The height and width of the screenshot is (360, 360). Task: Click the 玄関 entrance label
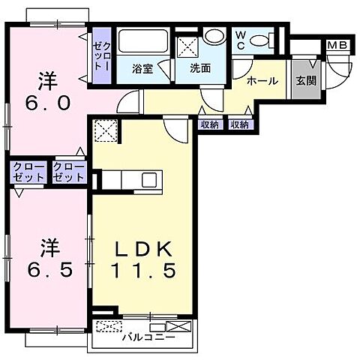[x=305, y=81]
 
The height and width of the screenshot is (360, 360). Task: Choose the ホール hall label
[x=262, y=81]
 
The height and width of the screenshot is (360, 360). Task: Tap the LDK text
[x=145, y=248]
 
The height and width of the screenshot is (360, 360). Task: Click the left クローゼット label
[x=28, y=173]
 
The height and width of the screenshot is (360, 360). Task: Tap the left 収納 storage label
[x=210, y=124]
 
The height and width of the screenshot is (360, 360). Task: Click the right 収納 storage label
[x=240, y=124]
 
